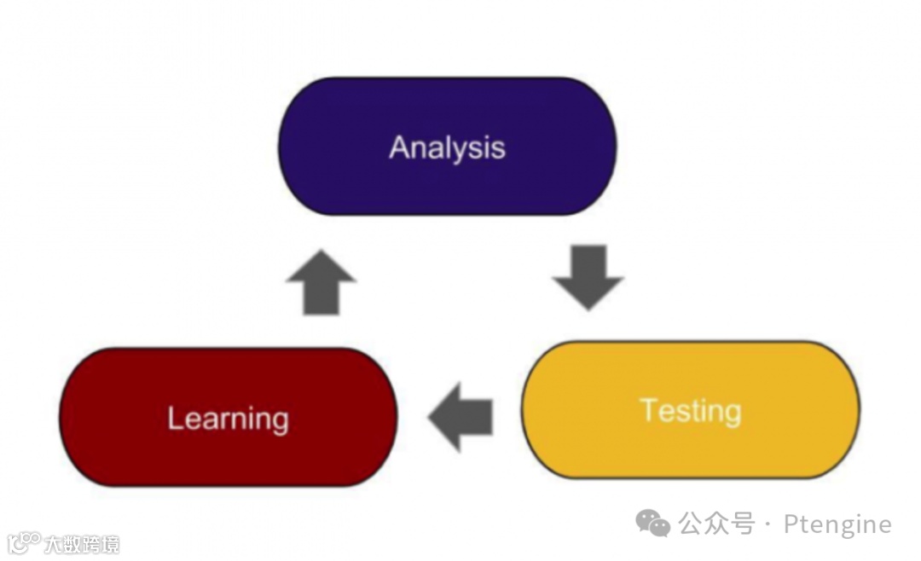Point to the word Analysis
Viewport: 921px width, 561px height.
[x=447, y=147]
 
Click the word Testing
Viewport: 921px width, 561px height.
[x=691, y=411]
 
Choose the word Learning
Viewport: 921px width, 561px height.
[x=228, y=419]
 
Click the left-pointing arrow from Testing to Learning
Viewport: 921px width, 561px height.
[x=461, y=416]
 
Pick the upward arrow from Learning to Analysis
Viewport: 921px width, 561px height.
[x=321, y=282]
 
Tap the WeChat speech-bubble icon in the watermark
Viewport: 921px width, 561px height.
[x=653, y=523]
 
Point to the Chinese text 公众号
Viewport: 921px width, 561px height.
[x=716, y=523]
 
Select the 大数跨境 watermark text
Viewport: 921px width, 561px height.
[x=82, y=544]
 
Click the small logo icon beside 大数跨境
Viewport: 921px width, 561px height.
[x=23, y=542]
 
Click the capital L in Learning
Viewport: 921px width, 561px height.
[x=175, y=418]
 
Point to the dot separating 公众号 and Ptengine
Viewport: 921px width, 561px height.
[x=767, y=523]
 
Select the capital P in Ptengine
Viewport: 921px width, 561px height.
[x=791, y=523]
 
